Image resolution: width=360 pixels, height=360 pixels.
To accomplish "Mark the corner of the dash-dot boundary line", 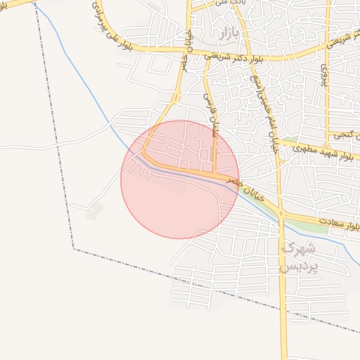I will (x=74, y=248).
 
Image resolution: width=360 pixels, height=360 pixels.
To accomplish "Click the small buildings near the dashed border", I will (x=94, y=210).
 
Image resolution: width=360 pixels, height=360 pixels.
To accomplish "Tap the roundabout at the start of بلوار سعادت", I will (x=281, y=213).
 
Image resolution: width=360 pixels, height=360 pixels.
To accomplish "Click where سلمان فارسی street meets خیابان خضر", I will (x=214, y=172).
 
